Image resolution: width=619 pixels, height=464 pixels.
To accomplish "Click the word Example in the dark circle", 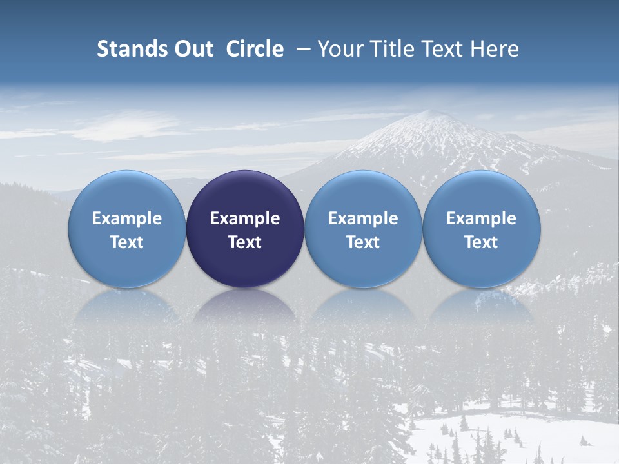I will [x=245, y=218].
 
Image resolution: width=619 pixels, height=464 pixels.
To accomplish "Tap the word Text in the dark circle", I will [x=245, y=242].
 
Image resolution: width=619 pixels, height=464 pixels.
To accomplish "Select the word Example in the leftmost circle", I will [x=127, y=218].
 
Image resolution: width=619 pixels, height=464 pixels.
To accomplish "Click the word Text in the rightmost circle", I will [x=482, y=242].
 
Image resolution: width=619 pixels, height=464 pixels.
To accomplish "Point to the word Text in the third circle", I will [x=363, y=242].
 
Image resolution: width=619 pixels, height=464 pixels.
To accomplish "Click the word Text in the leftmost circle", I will [x=127, y=242].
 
